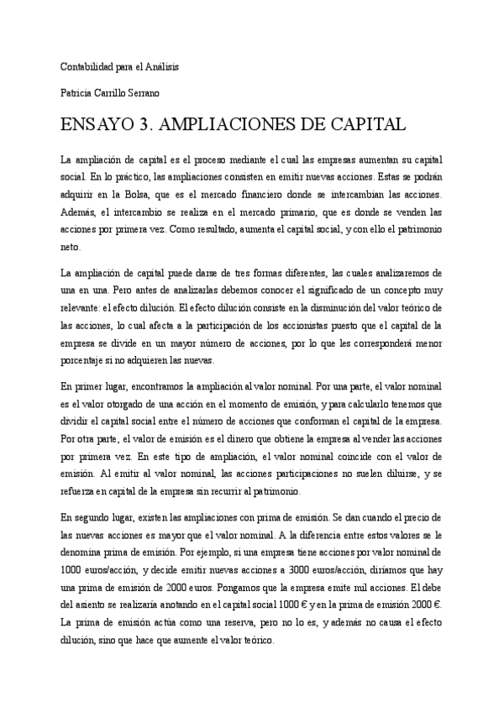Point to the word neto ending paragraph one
click(71, 248)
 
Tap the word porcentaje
click(86, 360)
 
